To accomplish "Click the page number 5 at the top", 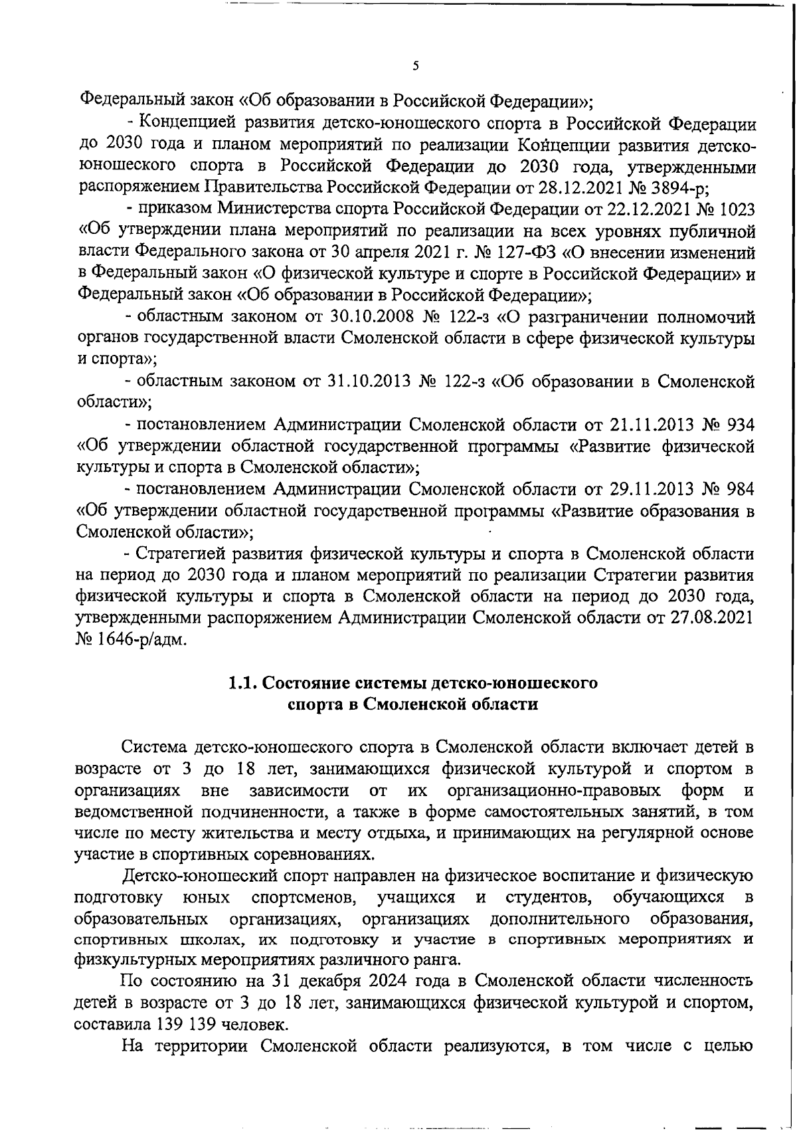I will [x=416, y=66].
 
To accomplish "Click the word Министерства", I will [x=278, y=209].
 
